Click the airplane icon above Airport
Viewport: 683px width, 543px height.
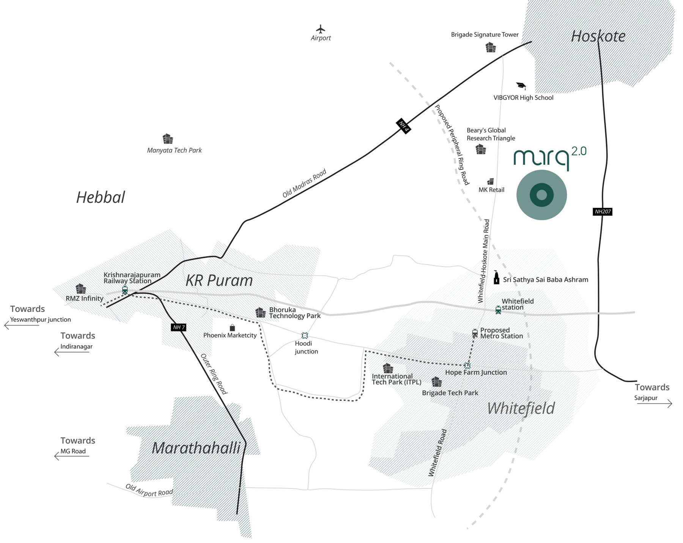point(321,29)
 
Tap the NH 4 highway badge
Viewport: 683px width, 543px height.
point(403,126)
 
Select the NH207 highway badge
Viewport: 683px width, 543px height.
point(602,211)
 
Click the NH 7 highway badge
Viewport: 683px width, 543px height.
point(179,327)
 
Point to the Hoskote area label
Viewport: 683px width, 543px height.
point(598,36)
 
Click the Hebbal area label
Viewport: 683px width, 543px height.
point(101,197)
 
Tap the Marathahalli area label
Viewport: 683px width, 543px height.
point(196,448)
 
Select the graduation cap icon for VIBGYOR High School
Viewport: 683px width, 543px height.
point(521,86)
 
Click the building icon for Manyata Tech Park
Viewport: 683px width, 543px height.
point(168,139)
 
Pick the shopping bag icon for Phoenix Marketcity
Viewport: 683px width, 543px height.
point(232,328)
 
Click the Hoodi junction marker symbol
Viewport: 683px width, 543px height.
point(304,335)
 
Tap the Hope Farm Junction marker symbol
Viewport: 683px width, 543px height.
point(467,366)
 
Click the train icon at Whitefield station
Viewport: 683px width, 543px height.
point(498,310)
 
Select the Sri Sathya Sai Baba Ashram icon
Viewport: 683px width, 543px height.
point(496,278)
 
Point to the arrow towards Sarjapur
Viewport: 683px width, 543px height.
point(655,404)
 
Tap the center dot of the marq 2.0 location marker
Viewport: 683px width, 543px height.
point(541,195)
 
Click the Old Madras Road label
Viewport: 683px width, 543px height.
point(304,183)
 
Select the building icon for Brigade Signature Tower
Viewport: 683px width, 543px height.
point(491,47)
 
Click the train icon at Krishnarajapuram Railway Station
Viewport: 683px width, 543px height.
point(125,290)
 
